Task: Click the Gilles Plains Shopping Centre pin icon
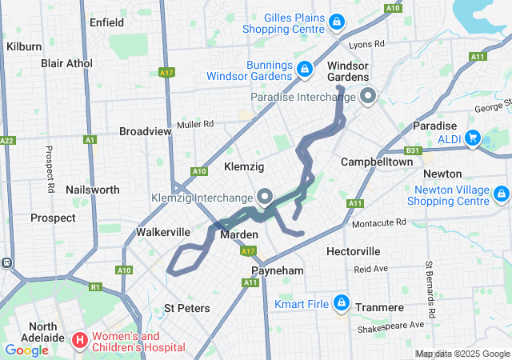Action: [x=337, y=21]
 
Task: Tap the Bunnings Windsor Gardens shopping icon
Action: [x=304, y=70]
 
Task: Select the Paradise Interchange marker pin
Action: [x=368, y=97]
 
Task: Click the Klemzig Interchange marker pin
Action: [x=266, y=196]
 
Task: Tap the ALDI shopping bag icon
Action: [x=472, y=138]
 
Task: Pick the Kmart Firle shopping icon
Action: [x=342, y=303]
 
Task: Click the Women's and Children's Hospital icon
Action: [x=80, y=341]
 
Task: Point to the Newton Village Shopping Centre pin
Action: [x=502, y=194]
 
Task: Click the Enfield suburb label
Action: [x=107, y=22]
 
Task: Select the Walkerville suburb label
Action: [x=163, y=232]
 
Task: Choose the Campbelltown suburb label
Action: [x=377, y=162]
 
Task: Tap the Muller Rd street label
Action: [x=196, y=124]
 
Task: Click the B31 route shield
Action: [x=413, y=149]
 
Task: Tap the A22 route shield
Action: [x=6, y=140]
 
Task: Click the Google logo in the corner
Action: [x=27, y=350]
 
